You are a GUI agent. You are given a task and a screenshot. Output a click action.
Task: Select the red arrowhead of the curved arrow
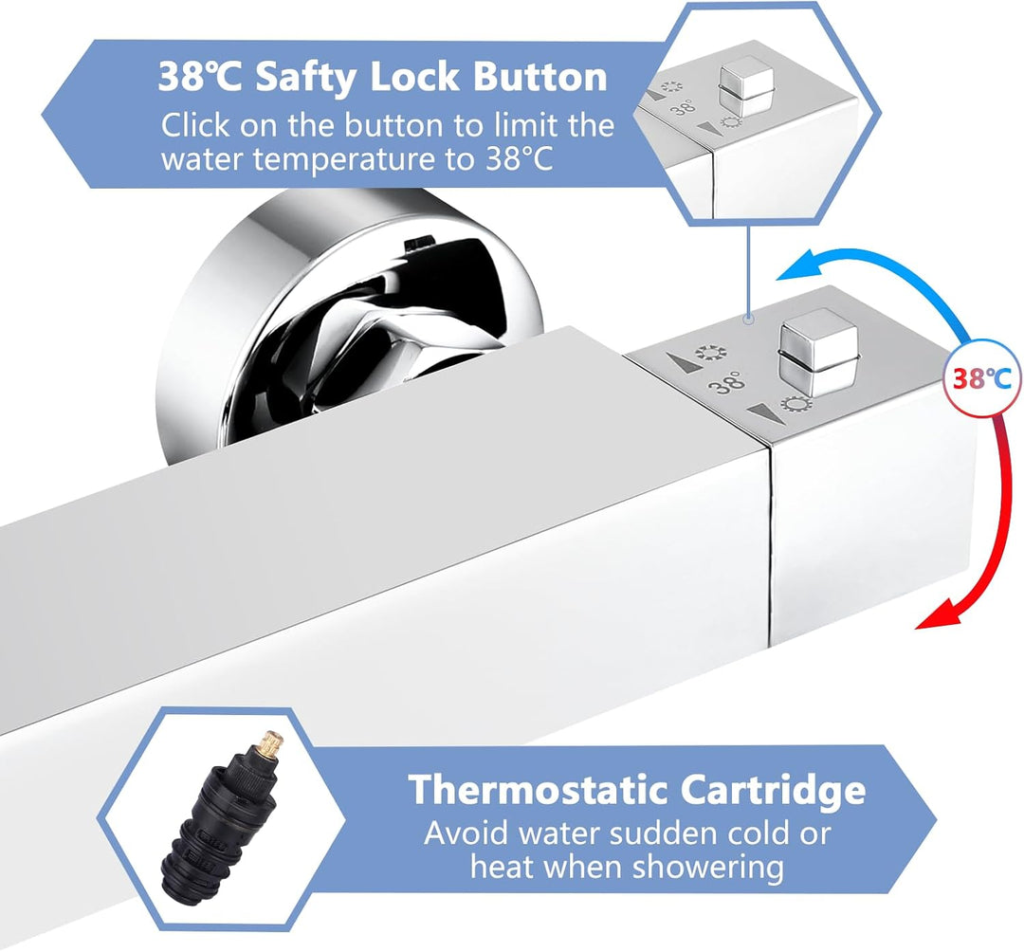point(934,618)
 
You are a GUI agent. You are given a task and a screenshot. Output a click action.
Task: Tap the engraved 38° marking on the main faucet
point(728,383)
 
